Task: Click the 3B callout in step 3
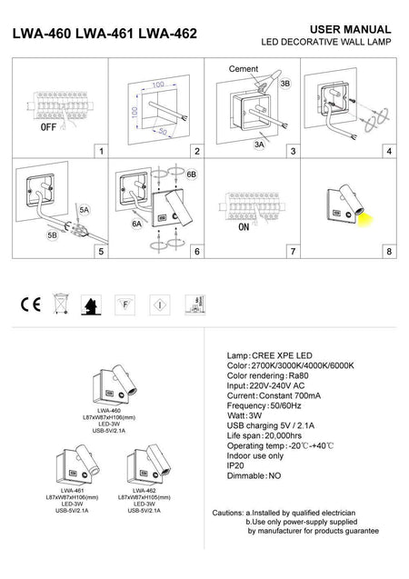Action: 284,84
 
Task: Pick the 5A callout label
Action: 83,210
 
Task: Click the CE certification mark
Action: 28,303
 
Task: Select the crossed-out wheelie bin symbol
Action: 60,303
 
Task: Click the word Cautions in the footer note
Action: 226,513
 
